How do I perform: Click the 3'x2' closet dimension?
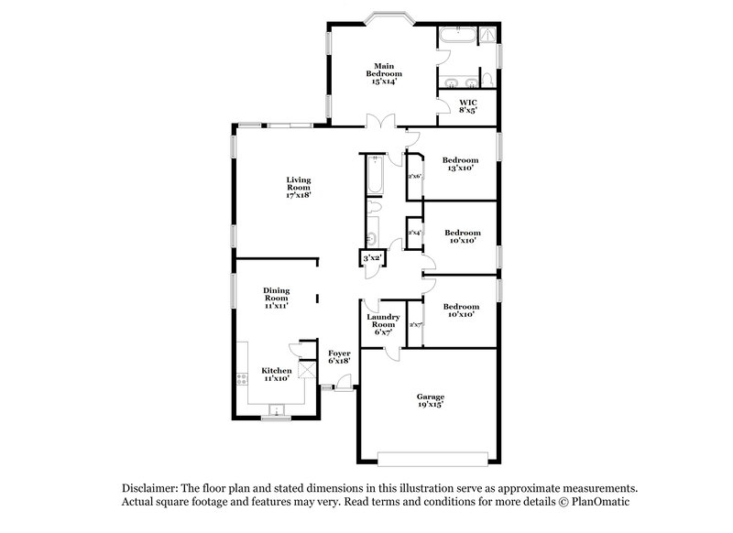click(x=372, y=259)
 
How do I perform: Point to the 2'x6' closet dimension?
click(x=414, y=176)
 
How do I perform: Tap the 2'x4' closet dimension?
click(x=414, y=234)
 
